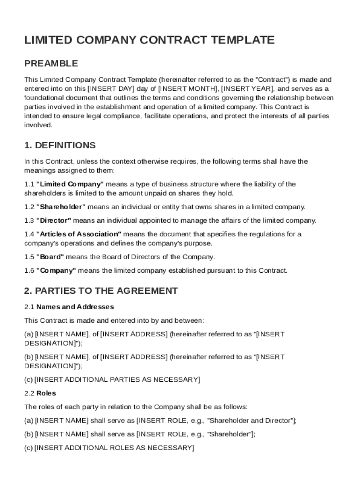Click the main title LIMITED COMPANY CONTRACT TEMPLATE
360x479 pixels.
click(149, 40)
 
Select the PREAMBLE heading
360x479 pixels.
click(51, 64)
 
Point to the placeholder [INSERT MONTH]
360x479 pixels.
click(187, 89)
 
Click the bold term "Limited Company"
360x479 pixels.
click(70, 184)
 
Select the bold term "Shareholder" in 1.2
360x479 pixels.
click(61, 207)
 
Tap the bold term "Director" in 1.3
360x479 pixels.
click(54, 220)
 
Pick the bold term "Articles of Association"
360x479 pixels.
click(79, 234)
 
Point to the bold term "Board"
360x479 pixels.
click(50, 257)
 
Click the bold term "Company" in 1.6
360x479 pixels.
click(56, 270)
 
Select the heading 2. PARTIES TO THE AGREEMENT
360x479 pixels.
click(101, 291)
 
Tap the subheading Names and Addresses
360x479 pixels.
click(75, 307)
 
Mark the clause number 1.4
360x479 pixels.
click(29, 234)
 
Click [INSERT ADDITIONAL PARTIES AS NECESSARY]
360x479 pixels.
click(117, 379)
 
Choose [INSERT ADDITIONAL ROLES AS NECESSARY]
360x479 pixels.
click(114, 448)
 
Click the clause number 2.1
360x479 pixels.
click(29, 307)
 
